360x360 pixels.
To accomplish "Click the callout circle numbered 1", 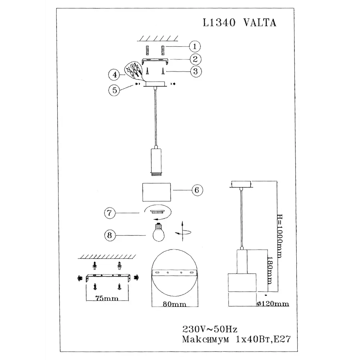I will (195, 46).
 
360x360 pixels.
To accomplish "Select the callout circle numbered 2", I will (195, 59).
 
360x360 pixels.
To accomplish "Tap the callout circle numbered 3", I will (195, 71).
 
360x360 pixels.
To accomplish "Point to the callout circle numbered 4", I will (114, 75).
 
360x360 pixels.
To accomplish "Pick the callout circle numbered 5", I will (114, 90).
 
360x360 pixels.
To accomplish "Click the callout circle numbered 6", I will (197, 190).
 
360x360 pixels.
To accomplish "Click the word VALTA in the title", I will (260, 23).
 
